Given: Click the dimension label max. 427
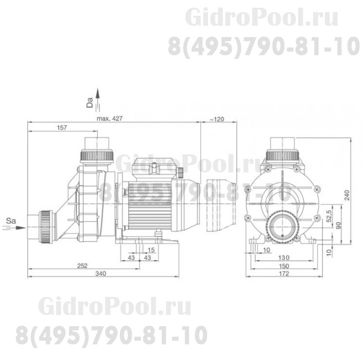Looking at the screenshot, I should click(x=110, y=119).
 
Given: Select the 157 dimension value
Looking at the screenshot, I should click(x=62, y=128).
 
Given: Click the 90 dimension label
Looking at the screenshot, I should click(x=338, y=225).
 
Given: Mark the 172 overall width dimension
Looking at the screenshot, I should click(x=284, y=274).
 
